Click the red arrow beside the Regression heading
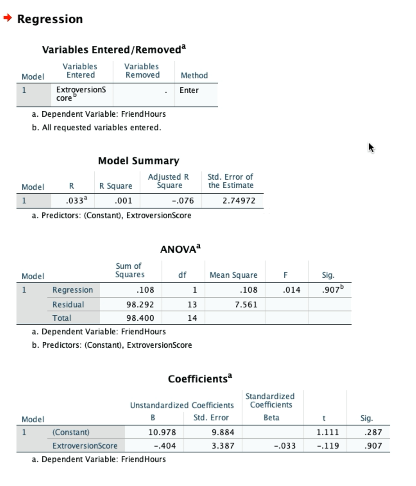pyautogui.click(x=7, y=19)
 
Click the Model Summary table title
pyautogui.click(x=139, y=161)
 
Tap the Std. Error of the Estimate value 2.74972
pyautogui.click(x=239, y=201)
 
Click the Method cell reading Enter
pyautogui.click(x=189, y=90)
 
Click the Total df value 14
pyautogui.click(x=193, y=318)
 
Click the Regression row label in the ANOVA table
pyautogui.click(x=72, y=290)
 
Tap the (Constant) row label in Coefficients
pyautogui.click(x=71, y=432)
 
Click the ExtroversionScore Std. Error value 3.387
pyautogui.click(x=223, y=446)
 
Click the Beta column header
pyautogui.click(x=272, y=418)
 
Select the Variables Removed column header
pyautogui.click(x=142, y=71)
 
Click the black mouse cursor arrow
pyautogui.click(x=371, y=148)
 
